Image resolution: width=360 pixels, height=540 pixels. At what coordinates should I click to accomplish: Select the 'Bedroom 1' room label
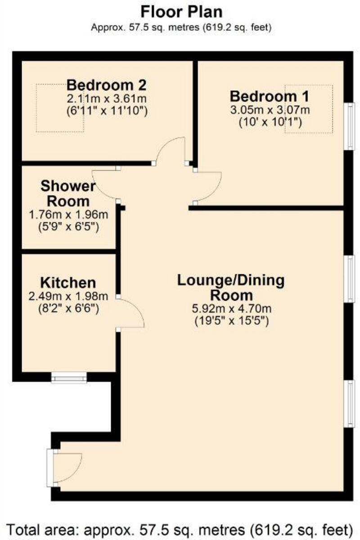tap(263, 96)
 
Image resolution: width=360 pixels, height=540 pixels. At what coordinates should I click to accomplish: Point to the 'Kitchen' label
tap(68, 283)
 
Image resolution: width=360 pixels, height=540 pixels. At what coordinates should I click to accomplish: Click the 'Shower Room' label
tap(67, 193)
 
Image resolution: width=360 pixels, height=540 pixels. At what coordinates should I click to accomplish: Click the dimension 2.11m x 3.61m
tap(107, 98)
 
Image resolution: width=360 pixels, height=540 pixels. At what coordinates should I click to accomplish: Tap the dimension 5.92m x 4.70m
tap(231, 309)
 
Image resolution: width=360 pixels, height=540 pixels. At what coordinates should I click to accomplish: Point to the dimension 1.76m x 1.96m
tap(68, 215)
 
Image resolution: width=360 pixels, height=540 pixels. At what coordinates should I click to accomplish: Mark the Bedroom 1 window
tap(349, 126)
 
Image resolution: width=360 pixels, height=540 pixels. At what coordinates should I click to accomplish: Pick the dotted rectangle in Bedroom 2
tap(60, 108)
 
